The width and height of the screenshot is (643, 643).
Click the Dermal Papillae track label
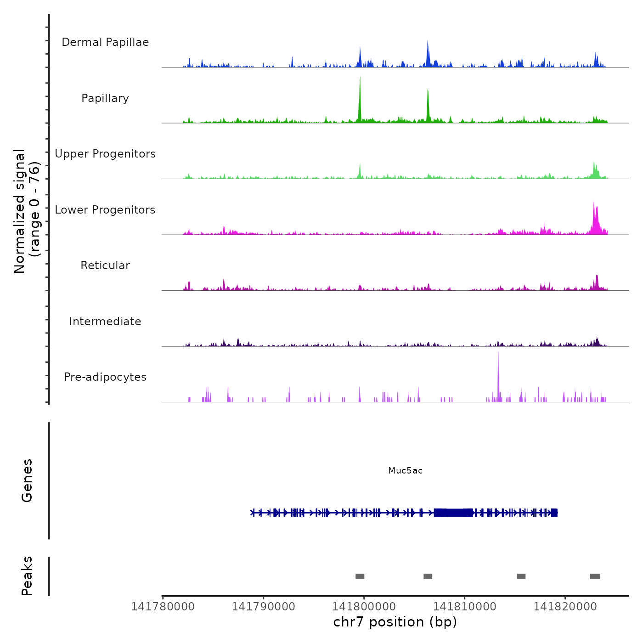pyautogui.click(x=105, y=42)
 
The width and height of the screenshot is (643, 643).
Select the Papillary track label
pyautogui.click(x=105, y=98)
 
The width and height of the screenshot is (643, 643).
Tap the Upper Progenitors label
pyautogui.click(x=105, y=154)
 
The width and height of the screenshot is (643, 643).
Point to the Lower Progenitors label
pyautogui.click(x=105, y=210)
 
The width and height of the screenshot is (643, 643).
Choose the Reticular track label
pyautogui.click(x=105, y=265)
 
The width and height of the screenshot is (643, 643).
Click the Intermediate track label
pyautogui.click(x=105, y=321)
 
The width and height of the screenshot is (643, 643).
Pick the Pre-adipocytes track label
pyautogui.click(x=105, y=377)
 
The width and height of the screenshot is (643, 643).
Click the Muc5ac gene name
pyautogui.click(x=405, y=470)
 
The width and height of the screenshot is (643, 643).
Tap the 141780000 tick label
pyautogui.click(x=163, y=607)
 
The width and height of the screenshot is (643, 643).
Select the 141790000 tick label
pyautogui.click(x=263, y=607)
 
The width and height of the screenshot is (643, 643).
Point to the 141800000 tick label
pyautogui.click(x=364, y=607)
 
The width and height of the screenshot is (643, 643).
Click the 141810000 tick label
pyautogui.click(x=464, y=607)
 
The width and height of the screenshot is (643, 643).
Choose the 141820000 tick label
pyautogui.click(x=565, y=607)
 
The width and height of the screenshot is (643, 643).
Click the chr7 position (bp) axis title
pyautogui.click(x=395, y=622)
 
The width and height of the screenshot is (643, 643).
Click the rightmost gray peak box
pyautogui.click(x=595, y=576)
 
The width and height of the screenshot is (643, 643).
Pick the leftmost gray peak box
pyautogui.click(x=360, y=576)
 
